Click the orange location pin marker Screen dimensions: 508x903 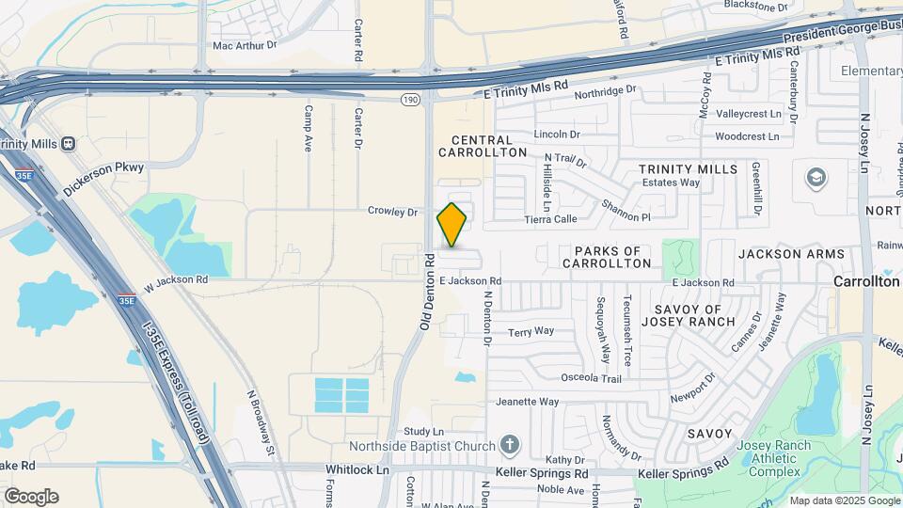(452, 225)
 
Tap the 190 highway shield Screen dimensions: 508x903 (411, 98)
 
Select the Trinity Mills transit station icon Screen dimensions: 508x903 (68, 144)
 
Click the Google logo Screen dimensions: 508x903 (31, 497)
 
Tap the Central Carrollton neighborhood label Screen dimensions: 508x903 (483, 146)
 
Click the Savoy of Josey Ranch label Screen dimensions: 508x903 (689, 315)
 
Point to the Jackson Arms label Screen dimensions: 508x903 (784, 254)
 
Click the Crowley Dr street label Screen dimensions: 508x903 (392, 212)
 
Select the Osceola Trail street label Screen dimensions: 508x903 (592, 378)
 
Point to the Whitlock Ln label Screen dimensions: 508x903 (357, 469)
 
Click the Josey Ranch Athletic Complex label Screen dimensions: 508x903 (755, 458)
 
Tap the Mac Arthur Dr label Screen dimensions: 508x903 (246, 44)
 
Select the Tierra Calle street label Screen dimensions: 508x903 (550, 219)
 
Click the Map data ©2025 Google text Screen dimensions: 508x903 (844, 500)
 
